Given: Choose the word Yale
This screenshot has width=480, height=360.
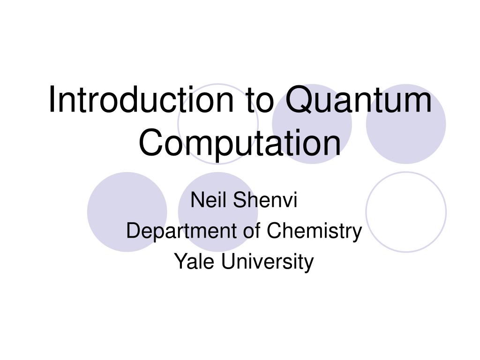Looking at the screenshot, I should click(195, 261).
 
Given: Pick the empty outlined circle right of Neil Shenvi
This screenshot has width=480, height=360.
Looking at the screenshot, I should click(406, 212).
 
